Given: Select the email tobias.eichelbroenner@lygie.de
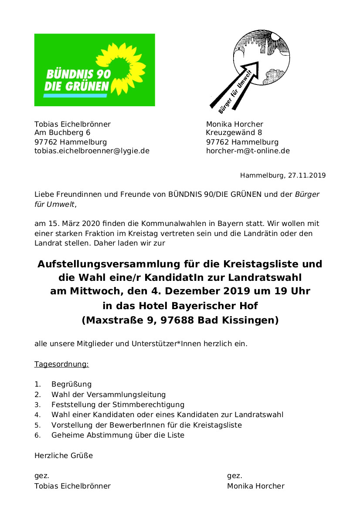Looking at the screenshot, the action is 92,151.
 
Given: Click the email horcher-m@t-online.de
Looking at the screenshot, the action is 248,151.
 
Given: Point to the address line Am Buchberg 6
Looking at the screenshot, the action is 62,133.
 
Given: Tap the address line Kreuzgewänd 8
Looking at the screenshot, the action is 234,133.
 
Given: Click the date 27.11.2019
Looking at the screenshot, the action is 307,176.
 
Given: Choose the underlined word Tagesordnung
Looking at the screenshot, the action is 61,364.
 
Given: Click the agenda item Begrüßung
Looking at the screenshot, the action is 71,384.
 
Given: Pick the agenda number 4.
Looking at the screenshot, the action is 37,415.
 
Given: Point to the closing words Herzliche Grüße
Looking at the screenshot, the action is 64,456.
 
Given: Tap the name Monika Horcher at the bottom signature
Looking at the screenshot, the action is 255,486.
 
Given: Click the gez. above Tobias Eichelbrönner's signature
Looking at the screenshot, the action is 41,476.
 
